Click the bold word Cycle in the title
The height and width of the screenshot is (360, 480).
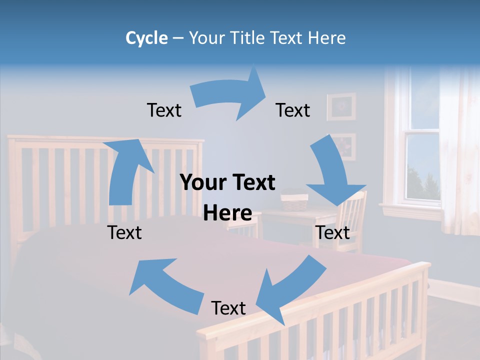pyautogui.click(x=146, y=38)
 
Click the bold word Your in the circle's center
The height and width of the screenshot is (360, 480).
pyautogui.click(x=200, y=183)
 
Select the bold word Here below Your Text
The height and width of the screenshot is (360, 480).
pyautogui.click(x=227, y=213)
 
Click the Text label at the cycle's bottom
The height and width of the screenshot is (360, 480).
pyautogui.click(x=228, y=308)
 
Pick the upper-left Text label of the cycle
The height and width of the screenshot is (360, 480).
pyautogui.click(x=164, y=110)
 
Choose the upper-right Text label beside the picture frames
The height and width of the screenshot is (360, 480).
pyautogui.click(x=293, y=110)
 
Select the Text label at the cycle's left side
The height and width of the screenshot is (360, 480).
pyautogui.click(x=124, y=232)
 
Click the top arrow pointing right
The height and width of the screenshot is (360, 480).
pyautogui.click(x=230, y=95)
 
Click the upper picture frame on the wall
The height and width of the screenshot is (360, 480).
pyautogui.click(x=342, y=106)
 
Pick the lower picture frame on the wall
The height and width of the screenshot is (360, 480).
pyautogui.click(x=343, y=146)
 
